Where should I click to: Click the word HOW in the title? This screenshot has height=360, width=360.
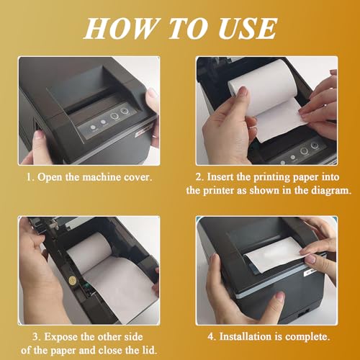point(120,28)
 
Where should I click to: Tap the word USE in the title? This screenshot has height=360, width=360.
point(248,28)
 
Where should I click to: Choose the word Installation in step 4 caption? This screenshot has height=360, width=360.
point(246,336)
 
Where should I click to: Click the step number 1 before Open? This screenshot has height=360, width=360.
point(30,177)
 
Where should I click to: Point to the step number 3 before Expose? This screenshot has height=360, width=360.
point(37,337)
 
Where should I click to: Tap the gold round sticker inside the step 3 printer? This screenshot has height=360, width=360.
point(73,280)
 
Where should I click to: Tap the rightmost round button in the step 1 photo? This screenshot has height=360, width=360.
point(124,111)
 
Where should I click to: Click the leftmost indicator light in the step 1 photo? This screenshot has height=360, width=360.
point(93,127)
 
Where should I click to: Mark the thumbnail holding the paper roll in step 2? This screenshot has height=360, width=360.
point(243,91)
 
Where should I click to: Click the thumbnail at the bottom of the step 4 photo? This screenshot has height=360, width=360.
point(279,295)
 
